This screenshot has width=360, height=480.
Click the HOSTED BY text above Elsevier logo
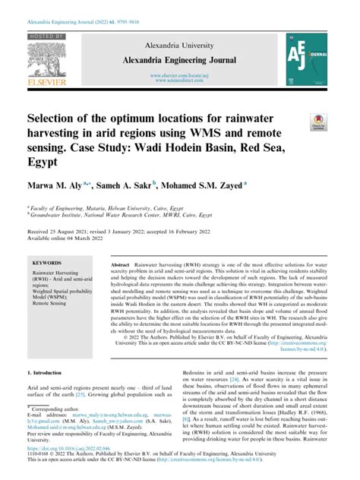tap(49, 36)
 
